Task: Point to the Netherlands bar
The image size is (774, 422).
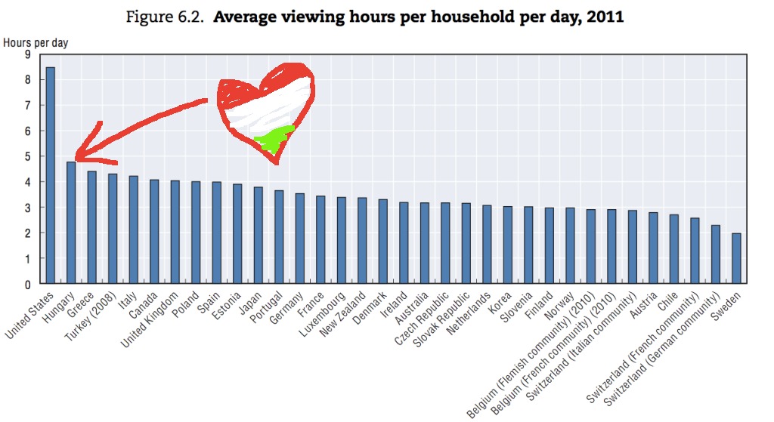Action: pyautogui.click(x=487, y=245)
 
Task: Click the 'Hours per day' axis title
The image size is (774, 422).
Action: pyautogui.click(x=36, y=42)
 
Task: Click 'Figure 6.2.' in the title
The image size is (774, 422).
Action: pyautogui.click(x=169, y=17)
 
